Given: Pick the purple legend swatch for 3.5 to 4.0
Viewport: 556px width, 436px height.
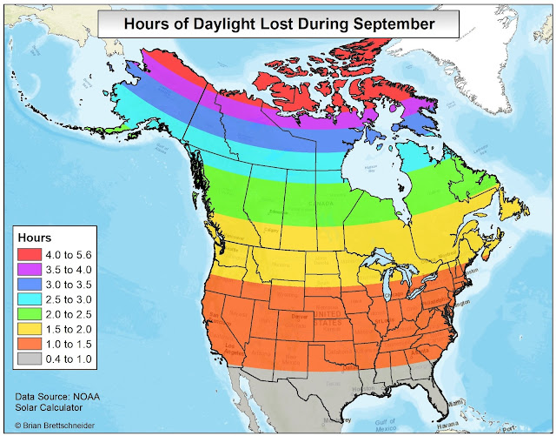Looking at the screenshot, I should click(x=31, y=271).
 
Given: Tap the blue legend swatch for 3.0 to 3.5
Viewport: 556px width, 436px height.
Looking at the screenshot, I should click(x=31, y=285).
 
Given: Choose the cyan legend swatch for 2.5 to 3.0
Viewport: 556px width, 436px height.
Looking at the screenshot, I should click(x=31, y=300).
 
